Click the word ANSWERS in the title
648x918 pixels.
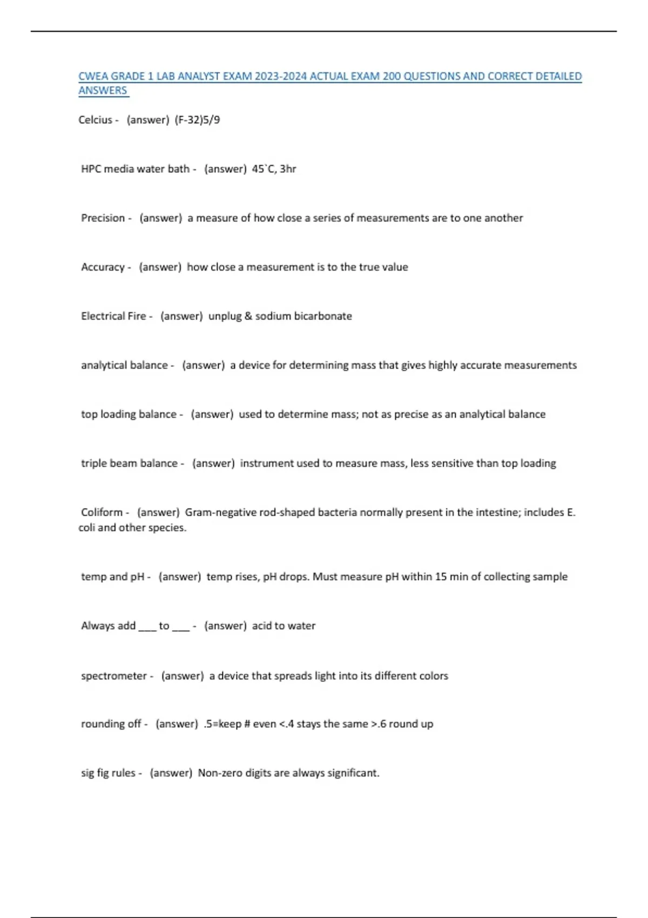point(103,91)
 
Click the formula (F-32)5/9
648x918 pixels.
point(197,120)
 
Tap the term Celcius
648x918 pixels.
point(96,120)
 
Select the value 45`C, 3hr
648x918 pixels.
point(274,169)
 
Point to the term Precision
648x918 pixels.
point(103,218)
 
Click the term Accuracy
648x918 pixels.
point(103,267)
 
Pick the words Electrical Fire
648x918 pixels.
point(113,316)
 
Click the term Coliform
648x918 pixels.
point(102,512)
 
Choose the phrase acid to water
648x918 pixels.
point(283,626)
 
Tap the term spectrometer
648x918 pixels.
point(114,676)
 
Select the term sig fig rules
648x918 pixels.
point(108,773)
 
